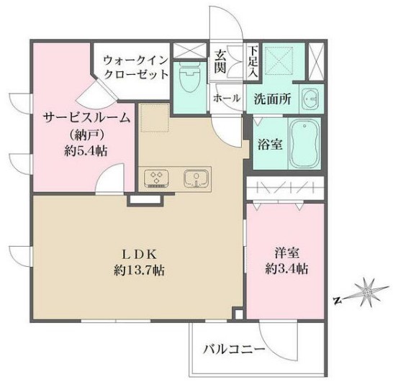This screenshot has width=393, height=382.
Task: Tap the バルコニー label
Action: coord(234,352)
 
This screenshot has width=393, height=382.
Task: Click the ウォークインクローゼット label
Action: coord(136,68)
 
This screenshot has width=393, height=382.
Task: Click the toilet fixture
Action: coord(191,83)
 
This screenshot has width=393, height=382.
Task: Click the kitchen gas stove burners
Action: coord(156,178)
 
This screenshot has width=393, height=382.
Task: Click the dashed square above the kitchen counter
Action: coord(153,119)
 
